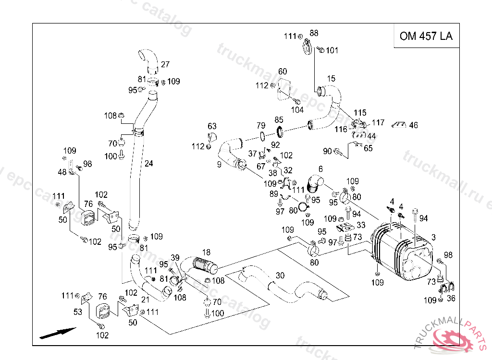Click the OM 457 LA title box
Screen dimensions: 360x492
tap(426, 36)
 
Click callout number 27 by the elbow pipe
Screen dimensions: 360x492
tap(165, 64)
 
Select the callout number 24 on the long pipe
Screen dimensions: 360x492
tap(149, 163)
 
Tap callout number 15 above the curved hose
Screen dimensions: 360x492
tap(332, 79)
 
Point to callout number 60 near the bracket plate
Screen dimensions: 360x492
tap(283, 72)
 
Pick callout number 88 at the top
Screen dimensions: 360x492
tap(314, 33)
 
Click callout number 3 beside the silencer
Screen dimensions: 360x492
tap(433, 237)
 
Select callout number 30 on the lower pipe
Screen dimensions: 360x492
tap(280, 275)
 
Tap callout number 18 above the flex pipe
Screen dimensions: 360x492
tap(206, 252)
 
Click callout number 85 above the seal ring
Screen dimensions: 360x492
tap(279, 120)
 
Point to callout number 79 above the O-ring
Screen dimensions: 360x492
tap(261, 125)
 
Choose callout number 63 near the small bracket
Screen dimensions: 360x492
tap(212, 126)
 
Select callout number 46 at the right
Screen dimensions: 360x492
tap(413, 125)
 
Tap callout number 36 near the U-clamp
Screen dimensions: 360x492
tap(450, 298)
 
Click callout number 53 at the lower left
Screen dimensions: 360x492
tap(78, 312)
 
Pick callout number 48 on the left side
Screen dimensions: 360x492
tap(62, 172)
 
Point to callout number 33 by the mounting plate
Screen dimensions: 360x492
tap(361, 225)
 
